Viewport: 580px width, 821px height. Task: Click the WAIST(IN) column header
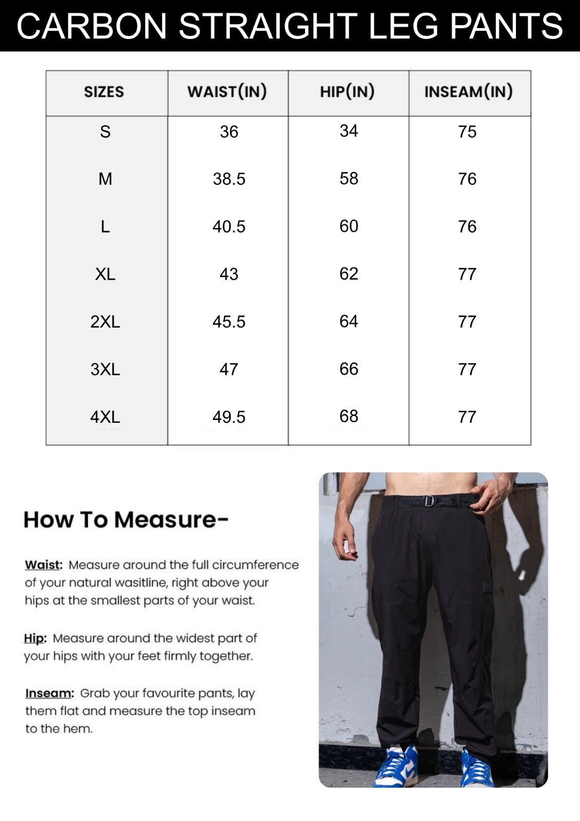(x=227, y=92)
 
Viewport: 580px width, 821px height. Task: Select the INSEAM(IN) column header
(x=468, y=92)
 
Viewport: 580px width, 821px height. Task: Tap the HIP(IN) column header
(x=347, y=92)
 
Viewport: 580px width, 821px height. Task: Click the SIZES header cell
(x=104, y=92)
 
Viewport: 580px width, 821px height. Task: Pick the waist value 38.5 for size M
(x=229, y=179)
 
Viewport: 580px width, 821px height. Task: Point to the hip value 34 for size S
(x=349, y=131)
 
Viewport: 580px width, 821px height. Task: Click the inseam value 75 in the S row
(x=467, y=132)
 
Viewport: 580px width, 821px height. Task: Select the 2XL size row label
(x=105, y=322)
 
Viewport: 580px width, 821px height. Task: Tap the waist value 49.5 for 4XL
(x=229, y=417)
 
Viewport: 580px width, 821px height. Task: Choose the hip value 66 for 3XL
(x=349, y=369)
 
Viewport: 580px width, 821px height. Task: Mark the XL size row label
(x=105, y=274)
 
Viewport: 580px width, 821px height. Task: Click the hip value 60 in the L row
(x=349, y=226)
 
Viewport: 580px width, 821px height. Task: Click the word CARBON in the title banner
(x=92, y=26)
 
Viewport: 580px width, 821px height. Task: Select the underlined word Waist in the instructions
(x=43, y=565)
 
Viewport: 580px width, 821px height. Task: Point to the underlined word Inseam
(x=49, y=693)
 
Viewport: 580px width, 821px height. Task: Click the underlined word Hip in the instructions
(x=34, y=638)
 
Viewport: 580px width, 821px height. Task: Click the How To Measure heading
(x=126, y=520)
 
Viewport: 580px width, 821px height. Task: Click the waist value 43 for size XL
(x=229, y=274)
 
